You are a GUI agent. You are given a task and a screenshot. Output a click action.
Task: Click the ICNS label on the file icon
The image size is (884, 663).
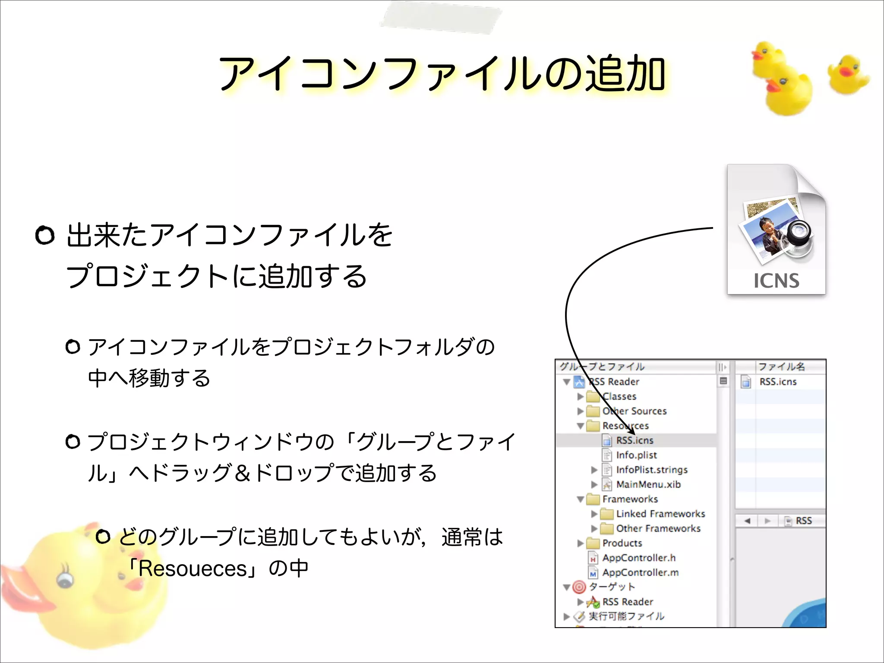(776, 281)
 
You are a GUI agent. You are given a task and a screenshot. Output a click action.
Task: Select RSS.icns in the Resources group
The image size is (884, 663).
(635, 440)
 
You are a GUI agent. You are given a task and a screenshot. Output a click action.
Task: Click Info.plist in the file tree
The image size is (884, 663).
(636, 455)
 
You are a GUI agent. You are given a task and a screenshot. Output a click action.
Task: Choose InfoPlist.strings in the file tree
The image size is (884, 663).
(652, 470)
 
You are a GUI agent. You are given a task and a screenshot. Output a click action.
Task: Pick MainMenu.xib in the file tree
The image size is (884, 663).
(648, 484)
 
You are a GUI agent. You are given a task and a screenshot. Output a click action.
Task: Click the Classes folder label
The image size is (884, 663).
(619, 396)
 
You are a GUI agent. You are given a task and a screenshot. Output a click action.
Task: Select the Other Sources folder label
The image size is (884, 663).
(635, 411)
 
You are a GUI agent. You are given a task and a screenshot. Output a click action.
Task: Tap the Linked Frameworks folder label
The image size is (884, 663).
(660, 514)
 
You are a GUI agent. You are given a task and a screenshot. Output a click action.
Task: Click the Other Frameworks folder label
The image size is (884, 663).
(658, 528)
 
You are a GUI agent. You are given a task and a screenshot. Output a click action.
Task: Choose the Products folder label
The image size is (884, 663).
(622, 543)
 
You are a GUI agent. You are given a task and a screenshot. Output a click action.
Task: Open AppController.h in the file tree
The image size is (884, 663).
(639, 558)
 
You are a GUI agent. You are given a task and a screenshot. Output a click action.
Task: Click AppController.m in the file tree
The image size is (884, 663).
(641, 572)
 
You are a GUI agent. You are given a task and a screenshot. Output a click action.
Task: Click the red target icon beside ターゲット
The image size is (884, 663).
(579, 587)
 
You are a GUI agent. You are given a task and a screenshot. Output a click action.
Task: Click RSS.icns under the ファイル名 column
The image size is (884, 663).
(778, 382)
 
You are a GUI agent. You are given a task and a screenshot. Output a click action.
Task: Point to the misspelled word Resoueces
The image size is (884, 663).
(193, 568)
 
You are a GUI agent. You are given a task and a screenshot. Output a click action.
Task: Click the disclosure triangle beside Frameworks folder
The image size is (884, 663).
(581, 499)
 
